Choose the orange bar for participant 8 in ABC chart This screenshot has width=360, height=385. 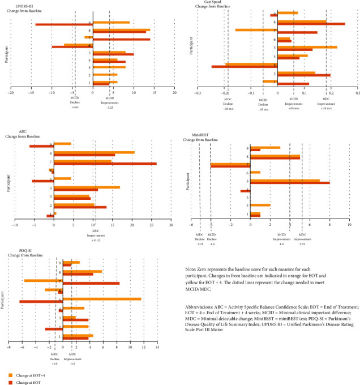94,152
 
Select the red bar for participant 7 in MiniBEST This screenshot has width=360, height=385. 230,166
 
